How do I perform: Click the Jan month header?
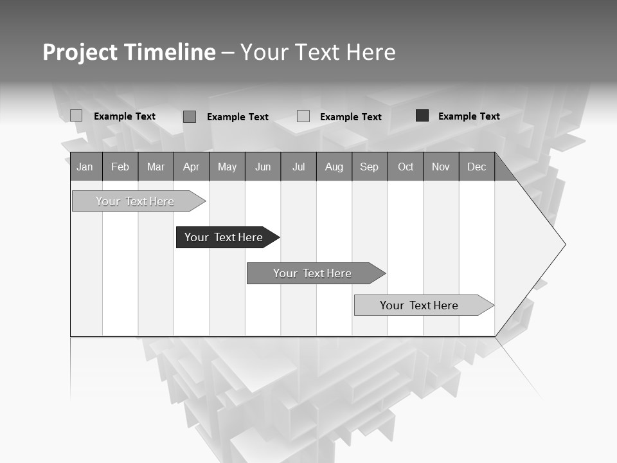(x=85, y=167)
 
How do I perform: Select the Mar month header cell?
(x=156, y=167)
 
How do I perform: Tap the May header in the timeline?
(x=227, y=167)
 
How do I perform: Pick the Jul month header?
(x=298, y=167)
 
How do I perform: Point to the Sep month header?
(x=369, y=167)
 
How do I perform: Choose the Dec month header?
(x=476, y=167)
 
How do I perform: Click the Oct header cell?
(x=406, y=167)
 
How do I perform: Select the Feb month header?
(x=120, y=167)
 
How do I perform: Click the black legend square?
(x=422, y=116)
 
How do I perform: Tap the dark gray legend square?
(x=190, y=116)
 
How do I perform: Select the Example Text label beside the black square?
(x=469, y=116)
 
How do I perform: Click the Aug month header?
(x=334, y=167)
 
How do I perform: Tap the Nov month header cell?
(x=441, y=167)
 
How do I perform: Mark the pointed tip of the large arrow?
(x=564, y=244)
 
